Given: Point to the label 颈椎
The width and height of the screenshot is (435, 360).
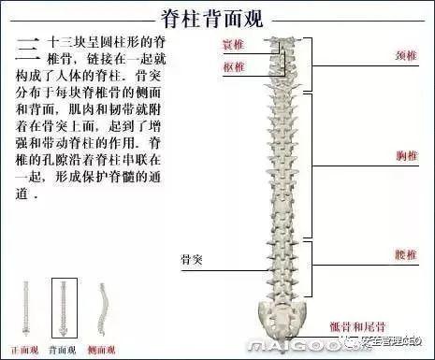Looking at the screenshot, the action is [x=405, y=57].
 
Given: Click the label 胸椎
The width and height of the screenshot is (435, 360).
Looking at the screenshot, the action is [x=405, y=156].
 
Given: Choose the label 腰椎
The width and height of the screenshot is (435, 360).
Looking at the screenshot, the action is [x=405, y=253].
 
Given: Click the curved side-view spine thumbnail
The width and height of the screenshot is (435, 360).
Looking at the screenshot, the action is [x=103, y=309].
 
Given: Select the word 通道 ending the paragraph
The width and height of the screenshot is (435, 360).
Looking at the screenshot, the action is [x=25, y=197].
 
